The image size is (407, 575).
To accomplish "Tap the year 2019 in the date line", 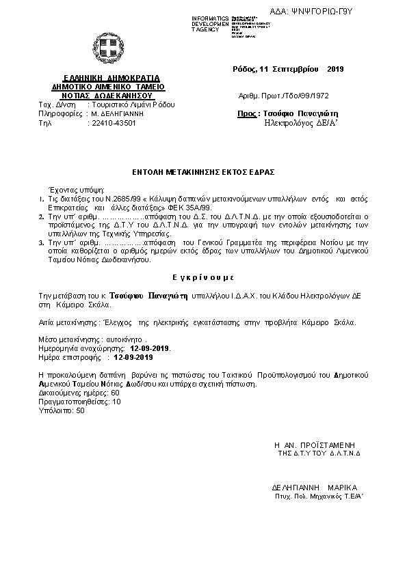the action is [335, 69].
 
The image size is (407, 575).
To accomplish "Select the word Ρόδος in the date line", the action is [245, 69].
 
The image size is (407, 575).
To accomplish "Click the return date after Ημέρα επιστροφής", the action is [133, 356].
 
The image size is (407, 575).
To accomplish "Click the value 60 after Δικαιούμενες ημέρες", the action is [115, 393].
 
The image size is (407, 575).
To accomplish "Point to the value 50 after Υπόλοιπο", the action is [81, 410].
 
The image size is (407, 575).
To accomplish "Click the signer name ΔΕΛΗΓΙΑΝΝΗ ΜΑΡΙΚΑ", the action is [314, 488].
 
